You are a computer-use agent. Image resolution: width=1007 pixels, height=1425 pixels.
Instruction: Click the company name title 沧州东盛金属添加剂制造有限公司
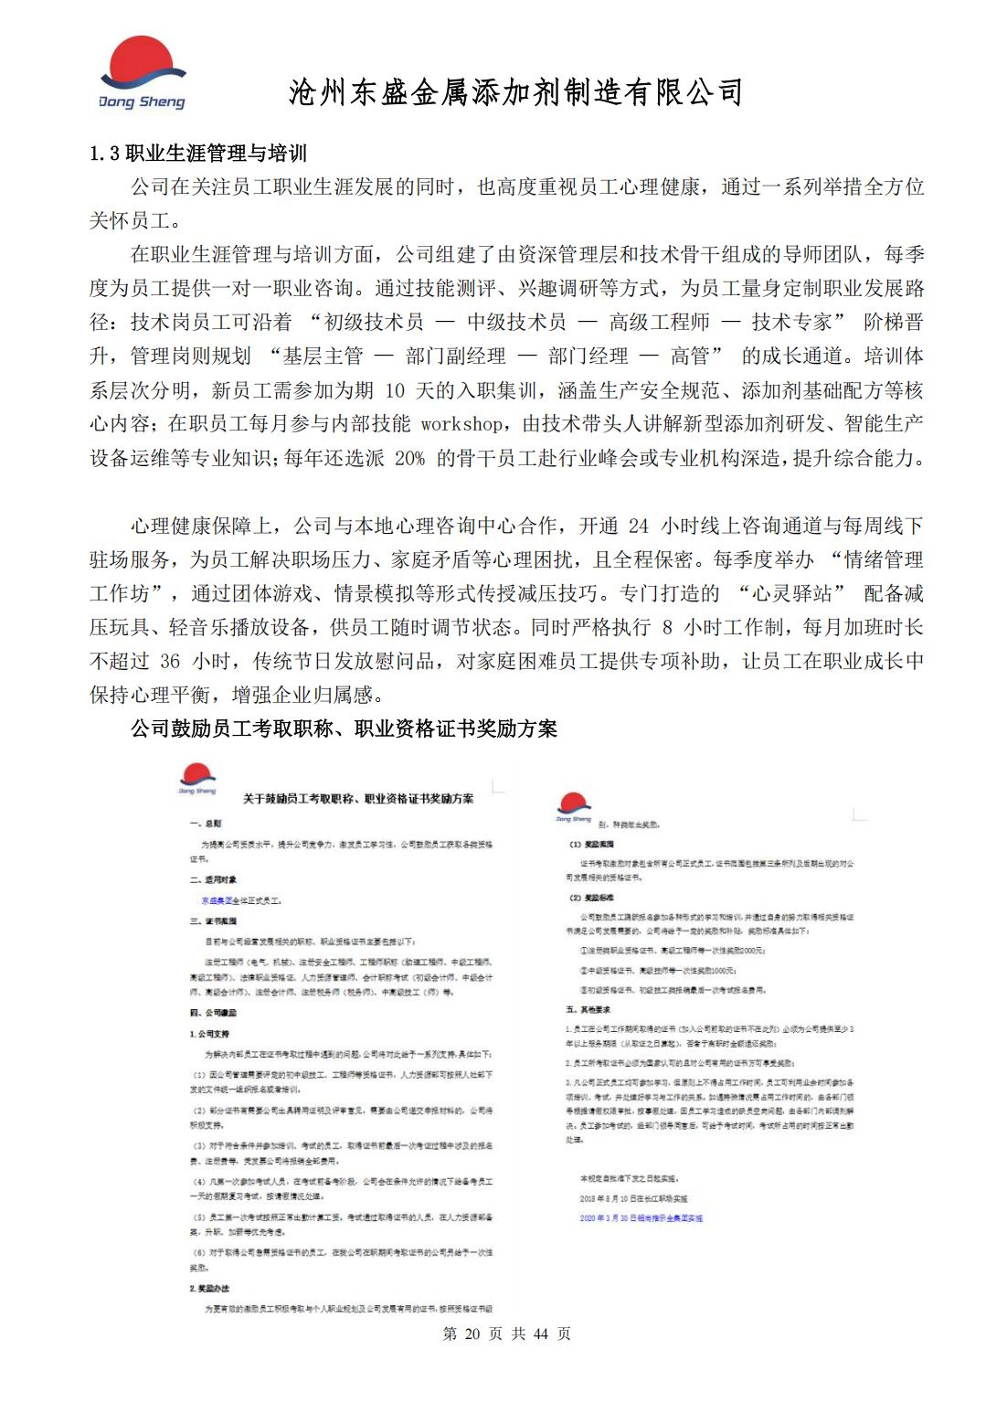(515, 92)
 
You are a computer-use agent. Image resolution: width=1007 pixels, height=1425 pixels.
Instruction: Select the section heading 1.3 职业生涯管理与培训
(198, 154)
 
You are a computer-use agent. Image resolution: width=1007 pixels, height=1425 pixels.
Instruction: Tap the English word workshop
(461, 424)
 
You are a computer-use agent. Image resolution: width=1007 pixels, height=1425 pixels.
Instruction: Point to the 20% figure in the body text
(409, 458)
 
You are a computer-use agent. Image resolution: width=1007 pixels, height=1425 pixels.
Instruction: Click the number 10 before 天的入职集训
(394, 390)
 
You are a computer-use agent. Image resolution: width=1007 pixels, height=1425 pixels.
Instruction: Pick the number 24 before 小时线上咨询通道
(639, 526)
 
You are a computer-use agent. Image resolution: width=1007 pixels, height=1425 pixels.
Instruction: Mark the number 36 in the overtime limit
(170, 661)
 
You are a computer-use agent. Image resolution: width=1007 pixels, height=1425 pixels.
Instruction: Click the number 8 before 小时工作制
(667, 627)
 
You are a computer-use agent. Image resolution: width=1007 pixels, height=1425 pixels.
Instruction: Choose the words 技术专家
(792, 323)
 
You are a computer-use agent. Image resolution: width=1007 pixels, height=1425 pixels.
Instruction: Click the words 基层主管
(323, 356)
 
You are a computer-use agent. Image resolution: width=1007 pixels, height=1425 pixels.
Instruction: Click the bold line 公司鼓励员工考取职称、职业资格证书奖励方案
(344, 728)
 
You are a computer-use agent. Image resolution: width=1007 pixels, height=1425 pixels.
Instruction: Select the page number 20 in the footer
(472, 1334)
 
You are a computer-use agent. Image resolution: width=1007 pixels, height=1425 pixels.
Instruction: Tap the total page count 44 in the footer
(539, 1334)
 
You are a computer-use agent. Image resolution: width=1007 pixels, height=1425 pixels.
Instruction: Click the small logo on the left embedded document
(197, 782)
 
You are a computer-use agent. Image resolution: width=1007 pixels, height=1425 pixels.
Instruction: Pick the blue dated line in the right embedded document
(641, 1218)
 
